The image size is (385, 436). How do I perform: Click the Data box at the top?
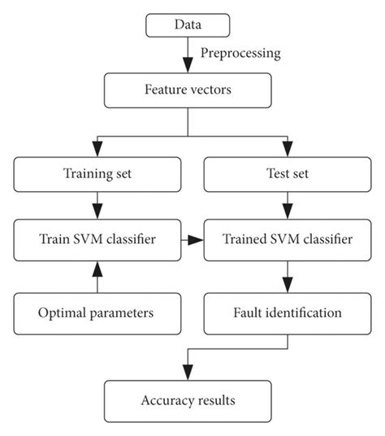[188, 24]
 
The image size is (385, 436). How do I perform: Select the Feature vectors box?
[188, 89]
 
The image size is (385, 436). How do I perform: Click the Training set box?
[97, 172]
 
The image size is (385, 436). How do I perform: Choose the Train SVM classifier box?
[97, 241]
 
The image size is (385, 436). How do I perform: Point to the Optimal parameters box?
[97, 312]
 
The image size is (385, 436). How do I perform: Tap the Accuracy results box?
[188, 400]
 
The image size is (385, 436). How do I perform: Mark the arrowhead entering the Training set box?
[97, 148]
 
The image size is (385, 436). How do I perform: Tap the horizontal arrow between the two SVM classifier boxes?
[191, 241]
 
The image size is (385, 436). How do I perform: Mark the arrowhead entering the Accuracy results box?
[188, 373]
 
